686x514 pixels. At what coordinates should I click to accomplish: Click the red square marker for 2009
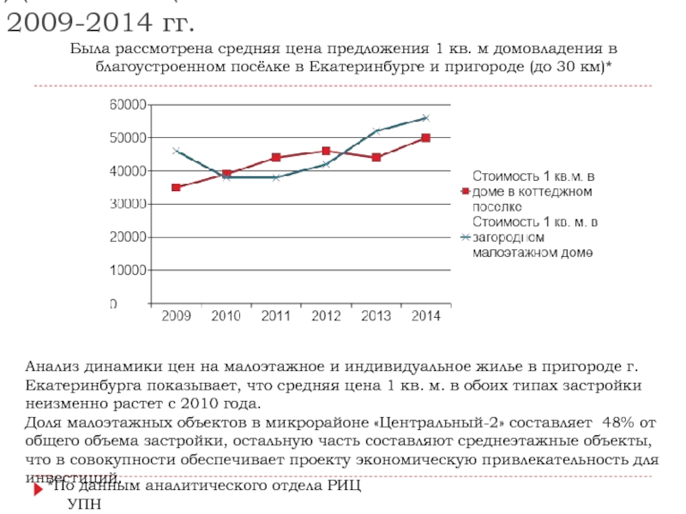coord(176,187)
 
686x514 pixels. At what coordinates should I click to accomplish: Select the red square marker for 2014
coord(426,137)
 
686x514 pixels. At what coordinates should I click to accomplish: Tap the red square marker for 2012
coord(326,151)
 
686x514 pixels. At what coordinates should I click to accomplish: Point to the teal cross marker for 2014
coord(426,117)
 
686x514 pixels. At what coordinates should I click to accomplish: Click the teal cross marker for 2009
coord(176,151)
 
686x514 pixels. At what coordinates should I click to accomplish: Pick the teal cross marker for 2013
coord(376,131)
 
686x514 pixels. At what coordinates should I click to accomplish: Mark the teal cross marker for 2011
coord(276,177)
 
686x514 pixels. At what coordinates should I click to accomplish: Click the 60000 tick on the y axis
coord(126,105)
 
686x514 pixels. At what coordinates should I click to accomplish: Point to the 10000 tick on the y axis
coord(126,270)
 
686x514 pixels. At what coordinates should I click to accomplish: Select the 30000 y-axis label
coord(126,204)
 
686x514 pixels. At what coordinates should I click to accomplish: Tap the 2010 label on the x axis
coord(226,317)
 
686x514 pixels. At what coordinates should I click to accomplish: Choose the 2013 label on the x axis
coord(376,317)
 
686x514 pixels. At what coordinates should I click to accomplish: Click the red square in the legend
coord(464,191)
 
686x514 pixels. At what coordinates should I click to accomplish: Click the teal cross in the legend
coord(464,237)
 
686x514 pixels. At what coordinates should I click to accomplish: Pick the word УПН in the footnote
coord(84,504)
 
